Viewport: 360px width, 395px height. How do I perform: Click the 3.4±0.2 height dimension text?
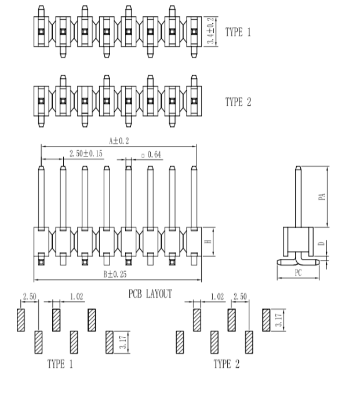[x=210, y=31]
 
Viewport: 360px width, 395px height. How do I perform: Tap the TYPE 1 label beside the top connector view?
[x=238, y=32]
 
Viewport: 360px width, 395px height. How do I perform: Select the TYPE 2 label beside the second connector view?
[x=238, y=102]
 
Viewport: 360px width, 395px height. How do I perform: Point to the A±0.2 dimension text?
[x=119, y=141]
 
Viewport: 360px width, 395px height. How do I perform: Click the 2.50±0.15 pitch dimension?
[x=86, y=153]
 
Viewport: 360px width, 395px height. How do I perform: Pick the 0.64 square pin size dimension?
[x=151, y=155]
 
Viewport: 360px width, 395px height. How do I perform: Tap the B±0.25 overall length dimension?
[x=115, y=274]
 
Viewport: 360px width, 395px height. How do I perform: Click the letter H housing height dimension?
[x=208, y=242]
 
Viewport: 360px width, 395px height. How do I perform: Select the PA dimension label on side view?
[x=322, y=197]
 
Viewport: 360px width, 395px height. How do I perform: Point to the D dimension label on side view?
[x=321, y=244]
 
